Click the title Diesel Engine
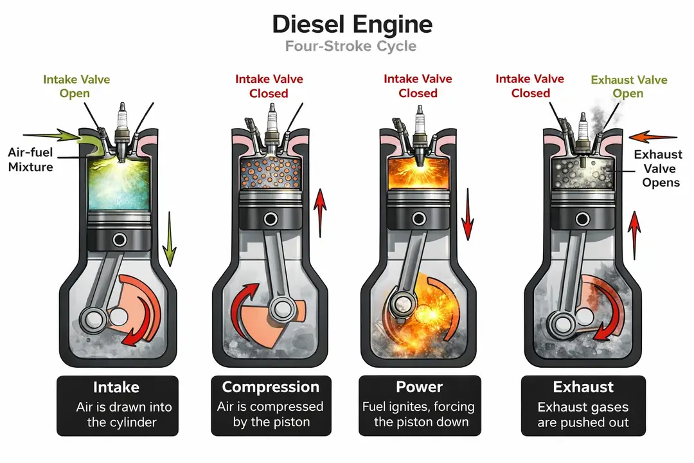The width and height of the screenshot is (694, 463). click(351, 24)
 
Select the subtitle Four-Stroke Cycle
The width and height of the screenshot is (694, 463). click(351, 46)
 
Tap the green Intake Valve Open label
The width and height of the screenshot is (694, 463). click(76, 87)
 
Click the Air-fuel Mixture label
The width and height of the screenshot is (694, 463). click(30, 159)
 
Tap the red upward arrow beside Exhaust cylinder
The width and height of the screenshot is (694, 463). click(636, 232)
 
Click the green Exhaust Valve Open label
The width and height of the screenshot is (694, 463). click(628, 87)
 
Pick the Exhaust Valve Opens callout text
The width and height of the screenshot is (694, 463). click(657, 168)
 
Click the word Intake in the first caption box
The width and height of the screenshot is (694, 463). click(117, 387)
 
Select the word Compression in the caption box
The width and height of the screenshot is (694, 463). click(271, 387)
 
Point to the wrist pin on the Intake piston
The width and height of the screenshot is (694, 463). click(119, 240)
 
